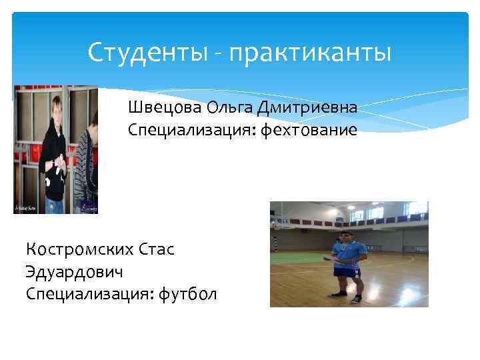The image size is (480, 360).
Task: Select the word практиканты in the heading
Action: (x=310, y=52)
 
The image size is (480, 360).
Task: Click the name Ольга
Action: (x=227, y=107)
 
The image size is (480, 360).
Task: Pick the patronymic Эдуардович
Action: (x=75, y=272)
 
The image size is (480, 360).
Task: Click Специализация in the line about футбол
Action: (x=90, y=294)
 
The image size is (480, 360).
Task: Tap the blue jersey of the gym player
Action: (x=349, y=253)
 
